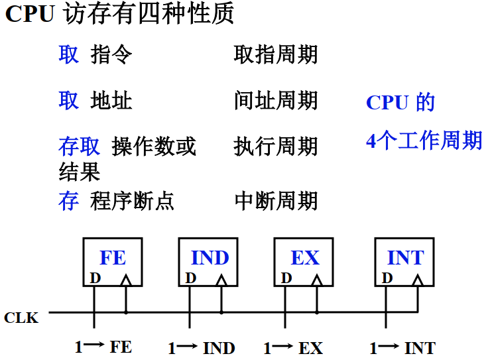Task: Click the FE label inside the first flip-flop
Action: (113, 257)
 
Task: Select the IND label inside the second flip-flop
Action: (210, 257)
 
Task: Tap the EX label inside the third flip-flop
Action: (305, 257)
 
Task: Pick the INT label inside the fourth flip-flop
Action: (405, 257)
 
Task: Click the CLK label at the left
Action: (21, 318)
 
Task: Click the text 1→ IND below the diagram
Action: (202, 347)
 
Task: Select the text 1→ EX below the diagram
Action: (293, 347)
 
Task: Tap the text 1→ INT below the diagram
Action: (402, 347)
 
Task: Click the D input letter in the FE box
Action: (95, 278)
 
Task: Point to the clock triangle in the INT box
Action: (417, 280)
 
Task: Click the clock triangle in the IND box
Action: (221, 280)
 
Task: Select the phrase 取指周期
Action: (275, 54)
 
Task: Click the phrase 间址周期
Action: (275, 101)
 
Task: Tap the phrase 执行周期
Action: (275, 147)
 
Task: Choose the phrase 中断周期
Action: (275, 200)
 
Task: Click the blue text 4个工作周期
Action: (424, 141)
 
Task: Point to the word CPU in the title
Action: (30, 15)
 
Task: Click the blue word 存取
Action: (79, 147)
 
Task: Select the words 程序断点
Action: (132, 200)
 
